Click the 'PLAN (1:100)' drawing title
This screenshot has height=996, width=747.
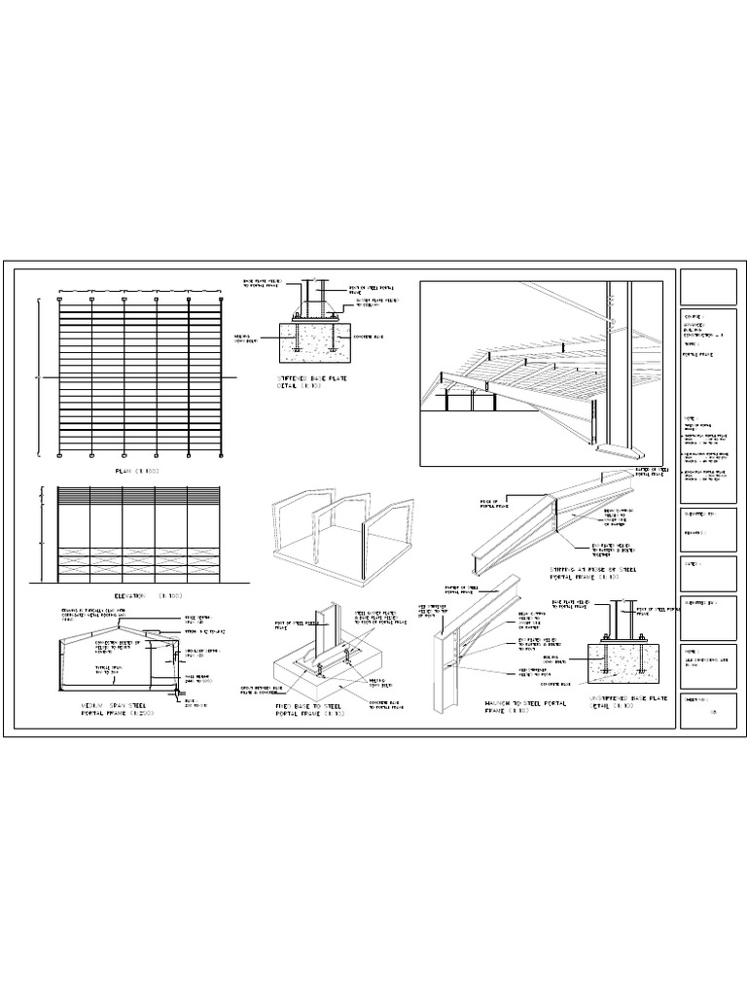click(x=137, y=471)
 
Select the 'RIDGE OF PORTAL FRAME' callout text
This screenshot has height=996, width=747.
click(x=489, y=504)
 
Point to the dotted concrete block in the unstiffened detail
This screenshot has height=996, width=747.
click(x=622, y=666)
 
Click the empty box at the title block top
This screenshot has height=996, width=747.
click(x=709, y=287)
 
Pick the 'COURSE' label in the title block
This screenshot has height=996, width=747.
click(x=694, y=316)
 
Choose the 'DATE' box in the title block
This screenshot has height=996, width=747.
click(x=709, y=574)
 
